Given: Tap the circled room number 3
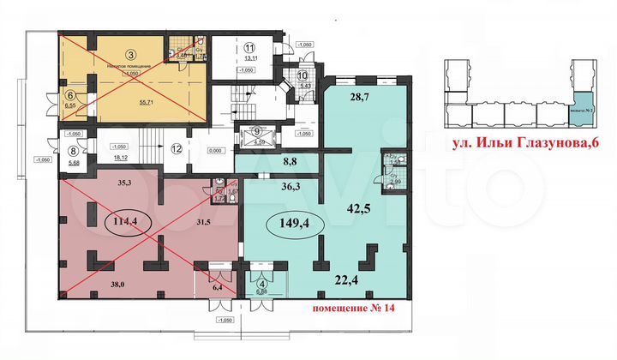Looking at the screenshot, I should coord(130,55).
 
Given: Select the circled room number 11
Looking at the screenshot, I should coord(250,48).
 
